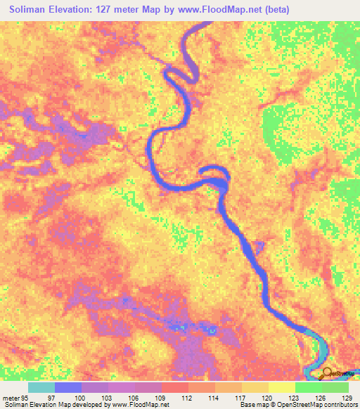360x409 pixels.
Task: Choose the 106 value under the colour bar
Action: pyautogui.click(x=135, y=397)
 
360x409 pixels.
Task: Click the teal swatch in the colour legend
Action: pyautogui.click(x=41, y=387)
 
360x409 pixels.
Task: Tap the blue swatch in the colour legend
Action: pyautogui.click(x=68, y=387)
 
